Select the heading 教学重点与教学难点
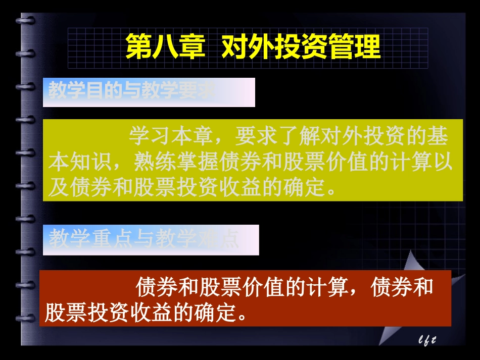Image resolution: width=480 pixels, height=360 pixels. point(144,239)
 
